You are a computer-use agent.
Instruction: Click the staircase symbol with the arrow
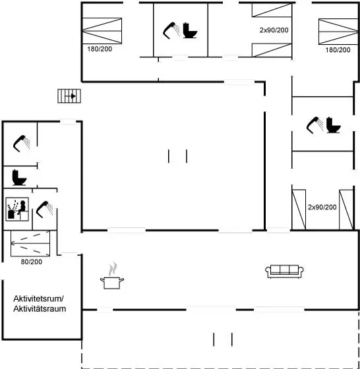[69, 96]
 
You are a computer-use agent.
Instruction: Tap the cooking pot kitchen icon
[112, 276]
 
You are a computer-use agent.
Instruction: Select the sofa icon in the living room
[284, 271]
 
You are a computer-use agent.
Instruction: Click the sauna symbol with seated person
[17, 210]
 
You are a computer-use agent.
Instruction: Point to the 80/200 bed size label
[32, 262]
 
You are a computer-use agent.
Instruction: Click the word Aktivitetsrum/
[39, 298]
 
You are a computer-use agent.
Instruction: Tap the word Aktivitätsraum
[40, 309]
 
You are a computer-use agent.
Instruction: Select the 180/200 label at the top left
[100, 49]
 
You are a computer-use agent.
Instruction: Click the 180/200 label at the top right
[338, 50]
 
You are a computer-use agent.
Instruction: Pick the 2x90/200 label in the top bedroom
[274, 30]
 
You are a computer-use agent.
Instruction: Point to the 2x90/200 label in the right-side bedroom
[322, 208]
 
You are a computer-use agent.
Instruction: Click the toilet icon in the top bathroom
[190, 30]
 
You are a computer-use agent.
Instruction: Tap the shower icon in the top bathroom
[171, 30]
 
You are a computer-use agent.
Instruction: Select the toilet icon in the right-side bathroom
[334, 125]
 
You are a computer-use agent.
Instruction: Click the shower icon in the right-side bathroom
[315, 125]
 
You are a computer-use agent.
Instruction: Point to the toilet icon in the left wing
[19, 177]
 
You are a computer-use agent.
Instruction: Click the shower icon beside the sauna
[44, 210]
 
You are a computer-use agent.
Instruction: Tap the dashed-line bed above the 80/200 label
[30, 243]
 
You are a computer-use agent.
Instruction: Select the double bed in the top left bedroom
[102, 31]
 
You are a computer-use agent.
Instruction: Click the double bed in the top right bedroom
[339, 32]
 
